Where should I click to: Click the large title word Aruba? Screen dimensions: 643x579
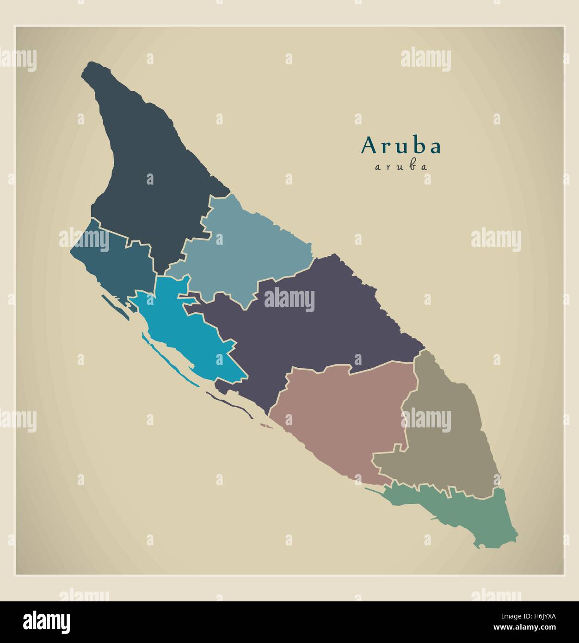click(401, 146)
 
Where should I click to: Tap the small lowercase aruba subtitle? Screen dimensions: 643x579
click(401, 167)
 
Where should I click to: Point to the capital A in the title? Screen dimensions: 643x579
click(369, 145)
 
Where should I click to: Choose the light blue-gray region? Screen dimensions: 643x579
click(245, 250)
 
